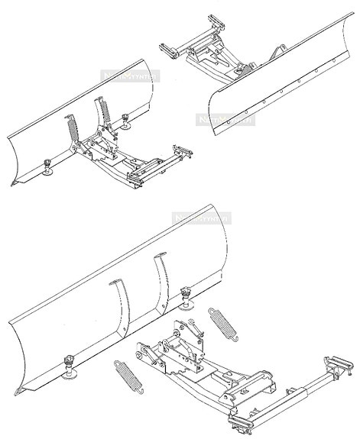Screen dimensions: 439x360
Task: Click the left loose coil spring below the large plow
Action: [x=125, y=374]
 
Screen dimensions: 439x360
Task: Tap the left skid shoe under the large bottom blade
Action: [x=70, y=367]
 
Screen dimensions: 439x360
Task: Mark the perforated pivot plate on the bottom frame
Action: [x=182, y=352]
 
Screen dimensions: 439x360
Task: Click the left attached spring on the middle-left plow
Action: [x=72, y=129]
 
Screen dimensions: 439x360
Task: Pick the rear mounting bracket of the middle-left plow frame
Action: [x=182, y=152]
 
